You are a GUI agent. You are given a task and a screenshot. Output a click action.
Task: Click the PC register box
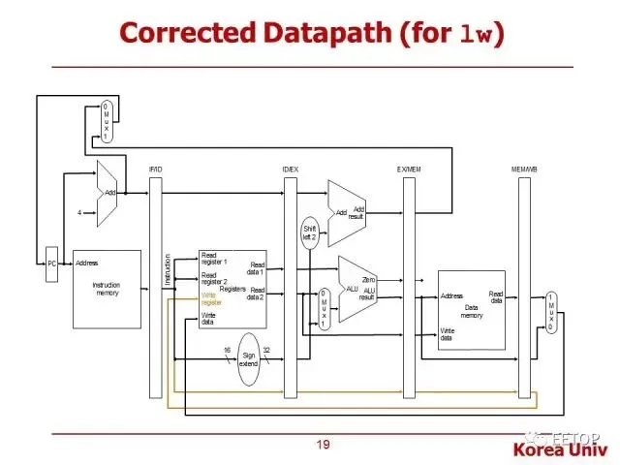coord(52,263)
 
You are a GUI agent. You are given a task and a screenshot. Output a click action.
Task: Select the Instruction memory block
coord(107,289)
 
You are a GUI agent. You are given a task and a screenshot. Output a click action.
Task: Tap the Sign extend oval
coord(249,358)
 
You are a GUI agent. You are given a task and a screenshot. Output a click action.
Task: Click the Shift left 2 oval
coord(310,232)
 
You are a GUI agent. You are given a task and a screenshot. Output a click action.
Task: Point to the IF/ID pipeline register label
coord(155,170)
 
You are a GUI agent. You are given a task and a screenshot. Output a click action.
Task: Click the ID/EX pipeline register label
coord(290,170)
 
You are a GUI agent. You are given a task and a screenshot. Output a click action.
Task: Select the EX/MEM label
coord(409,170)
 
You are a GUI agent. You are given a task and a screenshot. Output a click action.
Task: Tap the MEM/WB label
coord(524,170)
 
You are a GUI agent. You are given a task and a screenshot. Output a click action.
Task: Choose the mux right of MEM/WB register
coord(551,312)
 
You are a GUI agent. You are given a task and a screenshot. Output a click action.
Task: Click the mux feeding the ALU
coord(325,308)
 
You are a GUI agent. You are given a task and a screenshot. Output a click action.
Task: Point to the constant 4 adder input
coord(79,211)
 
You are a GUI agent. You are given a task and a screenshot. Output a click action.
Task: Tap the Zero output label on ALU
coord(368,279)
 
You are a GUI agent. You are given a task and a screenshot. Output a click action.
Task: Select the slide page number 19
coord(323,445)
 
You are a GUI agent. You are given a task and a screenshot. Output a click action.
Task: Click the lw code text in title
coord(478,35)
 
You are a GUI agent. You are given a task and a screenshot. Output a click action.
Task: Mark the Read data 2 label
coord(256,294)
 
